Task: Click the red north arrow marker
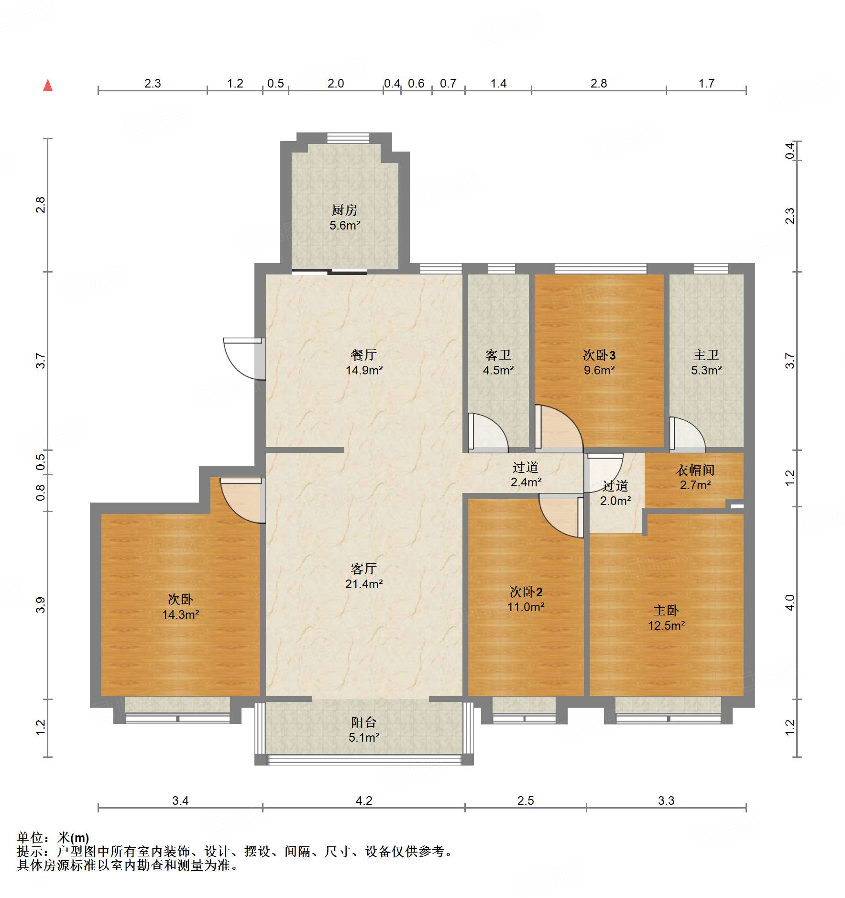(x=48, y=86)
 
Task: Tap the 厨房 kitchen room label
(x=344, y=210)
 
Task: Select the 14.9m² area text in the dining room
(x=364, y=370)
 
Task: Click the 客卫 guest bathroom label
(x=498, y=355)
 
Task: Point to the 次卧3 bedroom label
(x=599, y=355)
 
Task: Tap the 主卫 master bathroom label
(x=706, y=355)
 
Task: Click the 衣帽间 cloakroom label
(x=695, y=471)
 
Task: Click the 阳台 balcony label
(x=363, y=722)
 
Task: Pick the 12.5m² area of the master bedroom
(x=666, y=625)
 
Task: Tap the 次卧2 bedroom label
(x=526, y=592)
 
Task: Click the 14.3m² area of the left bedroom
(x=180, y=614)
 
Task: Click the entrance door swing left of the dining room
(x=241, y=358)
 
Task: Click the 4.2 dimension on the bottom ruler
(x=363, y=800)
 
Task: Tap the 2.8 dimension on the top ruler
(x=598, y=84)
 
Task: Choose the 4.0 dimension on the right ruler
(x=790, y=602)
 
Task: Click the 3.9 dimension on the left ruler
(x=41, y=605)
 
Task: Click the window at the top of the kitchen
(x=348, y=138)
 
